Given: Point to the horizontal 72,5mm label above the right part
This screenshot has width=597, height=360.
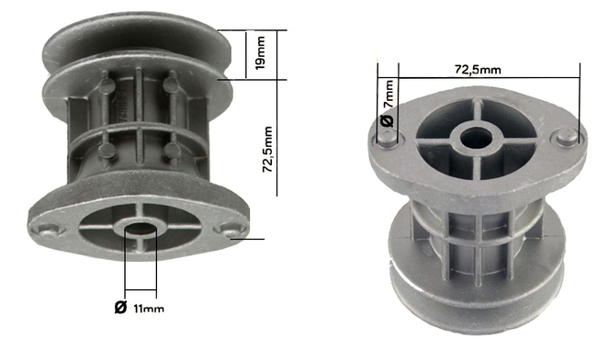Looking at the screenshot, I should pyautogui.click(x=477, y=69).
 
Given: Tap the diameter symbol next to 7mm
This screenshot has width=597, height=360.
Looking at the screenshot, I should pyautogui.click(x=387, y=120).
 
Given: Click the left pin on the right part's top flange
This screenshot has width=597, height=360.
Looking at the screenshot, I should pyautogui.click(x=389, y=139).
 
